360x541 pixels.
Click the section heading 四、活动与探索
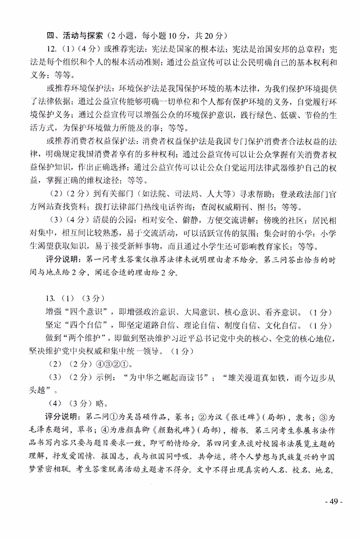pos(74,36)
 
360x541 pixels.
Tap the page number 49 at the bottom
pos(334,501)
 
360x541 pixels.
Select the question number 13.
pos(50,299)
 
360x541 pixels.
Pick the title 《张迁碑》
pos(241,417)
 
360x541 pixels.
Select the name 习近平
pos(196,338)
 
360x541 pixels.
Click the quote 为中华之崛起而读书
pos(165,377)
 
